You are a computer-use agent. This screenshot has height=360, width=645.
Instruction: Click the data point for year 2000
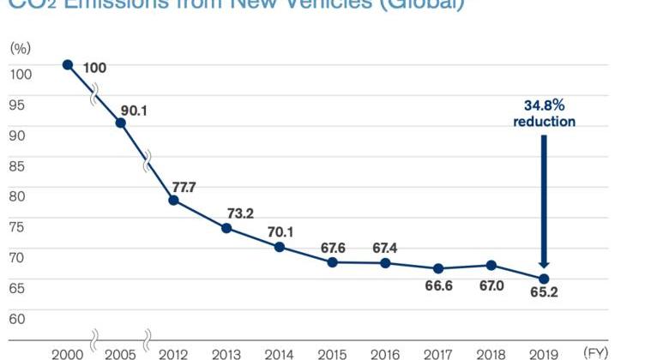point(68,65)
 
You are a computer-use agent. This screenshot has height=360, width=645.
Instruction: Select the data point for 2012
point(173,200)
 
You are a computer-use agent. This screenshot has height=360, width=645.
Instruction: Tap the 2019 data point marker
point(544,279)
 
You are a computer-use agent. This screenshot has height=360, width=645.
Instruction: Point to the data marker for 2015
point(332,261)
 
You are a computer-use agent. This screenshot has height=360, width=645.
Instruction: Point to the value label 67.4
point(386,248)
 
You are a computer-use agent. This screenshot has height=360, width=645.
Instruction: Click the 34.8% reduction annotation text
point(544,113)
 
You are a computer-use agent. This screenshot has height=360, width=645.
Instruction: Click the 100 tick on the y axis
point(21,74)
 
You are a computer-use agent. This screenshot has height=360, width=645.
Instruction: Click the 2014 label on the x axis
point(279,353)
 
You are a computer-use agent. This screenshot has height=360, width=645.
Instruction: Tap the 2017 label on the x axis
point(437,353)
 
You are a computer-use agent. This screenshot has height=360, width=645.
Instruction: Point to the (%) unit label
point(21,47)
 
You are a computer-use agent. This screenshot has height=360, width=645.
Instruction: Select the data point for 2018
point(491,266)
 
